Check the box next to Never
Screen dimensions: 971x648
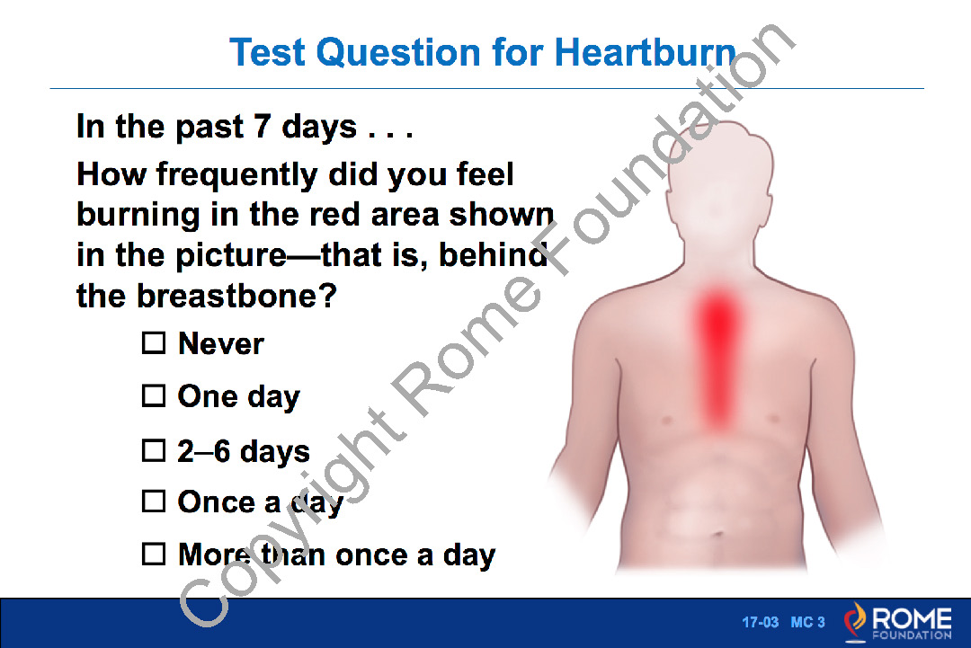point(154,343)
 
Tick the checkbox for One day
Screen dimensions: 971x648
point(154,396)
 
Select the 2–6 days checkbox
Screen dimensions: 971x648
point(154,451)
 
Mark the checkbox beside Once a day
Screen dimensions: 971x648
point(154,502)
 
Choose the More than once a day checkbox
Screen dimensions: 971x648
point(154,555)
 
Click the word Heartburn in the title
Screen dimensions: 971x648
point(646,52)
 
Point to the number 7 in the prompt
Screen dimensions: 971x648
point(263,126)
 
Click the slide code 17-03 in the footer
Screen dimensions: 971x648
point(761,622)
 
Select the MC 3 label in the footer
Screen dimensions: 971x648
point(808,622)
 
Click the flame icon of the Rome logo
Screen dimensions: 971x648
point(856,621)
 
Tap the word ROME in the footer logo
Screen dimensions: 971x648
point(913,618)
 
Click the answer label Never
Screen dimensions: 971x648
point(221,344)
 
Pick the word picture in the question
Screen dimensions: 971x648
point(231,256)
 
